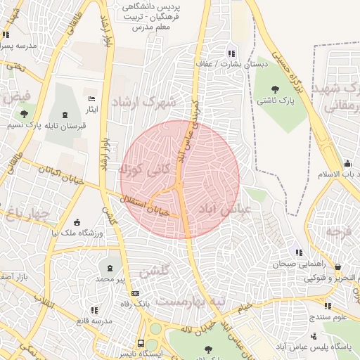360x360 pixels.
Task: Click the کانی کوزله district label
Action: coord(141,169)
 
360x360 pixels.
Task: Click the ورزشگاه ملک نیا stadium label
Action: coord(77,233)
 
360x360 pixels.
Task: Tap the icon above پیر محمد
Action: coord(110,268)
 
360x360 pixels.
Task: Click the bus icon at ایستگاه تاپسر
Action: coord(141,345)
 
